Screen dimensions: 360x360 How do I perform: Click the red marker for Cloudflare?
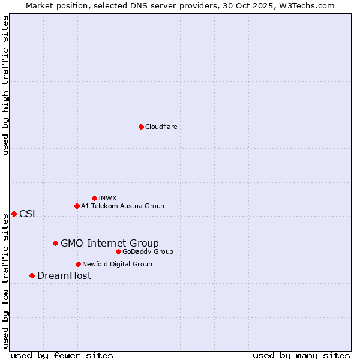(x=141, y=127)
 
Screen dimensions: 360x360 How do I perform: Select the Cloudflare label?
(x=161, y=127)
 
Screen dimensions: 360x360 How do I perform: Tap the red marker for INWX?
(x=94, y=198)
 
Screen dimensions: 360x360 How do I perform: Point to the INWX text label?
(x=107, y=198)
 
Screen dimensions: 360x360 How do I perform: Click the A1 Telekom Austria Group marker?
(x=77, y=206)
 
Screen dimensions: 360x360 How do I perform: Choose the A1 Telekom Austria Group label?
(x=122, y=206)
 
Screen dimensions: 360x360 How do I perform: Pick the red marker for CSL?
(x=14, y=214)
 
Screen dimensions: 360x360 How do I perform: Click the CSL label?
(x=28, y=214)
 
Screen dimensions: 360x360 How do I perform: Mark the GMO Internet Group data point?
(x=55, y=243)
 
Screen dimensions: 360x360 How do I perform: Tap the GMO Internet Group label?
(x=110, y=243)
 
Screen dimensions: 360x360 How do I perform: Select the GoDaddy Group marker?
(x=118, y=251)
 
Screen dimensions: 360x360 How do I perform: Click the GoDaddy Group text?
(x=148, y=251)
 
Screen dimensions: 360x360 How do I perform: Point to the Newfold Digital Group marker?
(x=78, y=264)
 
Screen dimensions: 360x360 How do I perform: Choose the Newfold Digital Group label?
(x=117, y=264)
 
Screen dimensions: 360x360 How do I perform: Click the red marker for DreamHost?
(x=32, y=275)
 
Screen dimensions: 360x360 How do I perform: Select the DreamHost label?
(x=64, y=276)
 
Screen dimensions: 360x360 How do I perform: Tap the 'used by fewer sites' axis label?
(x=62, y=356)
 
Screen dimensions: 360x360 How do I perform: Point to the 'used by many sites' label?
(x=301, y=356)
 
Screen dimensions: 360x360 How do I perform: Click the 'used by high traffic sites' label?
(x=5, y=85)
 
